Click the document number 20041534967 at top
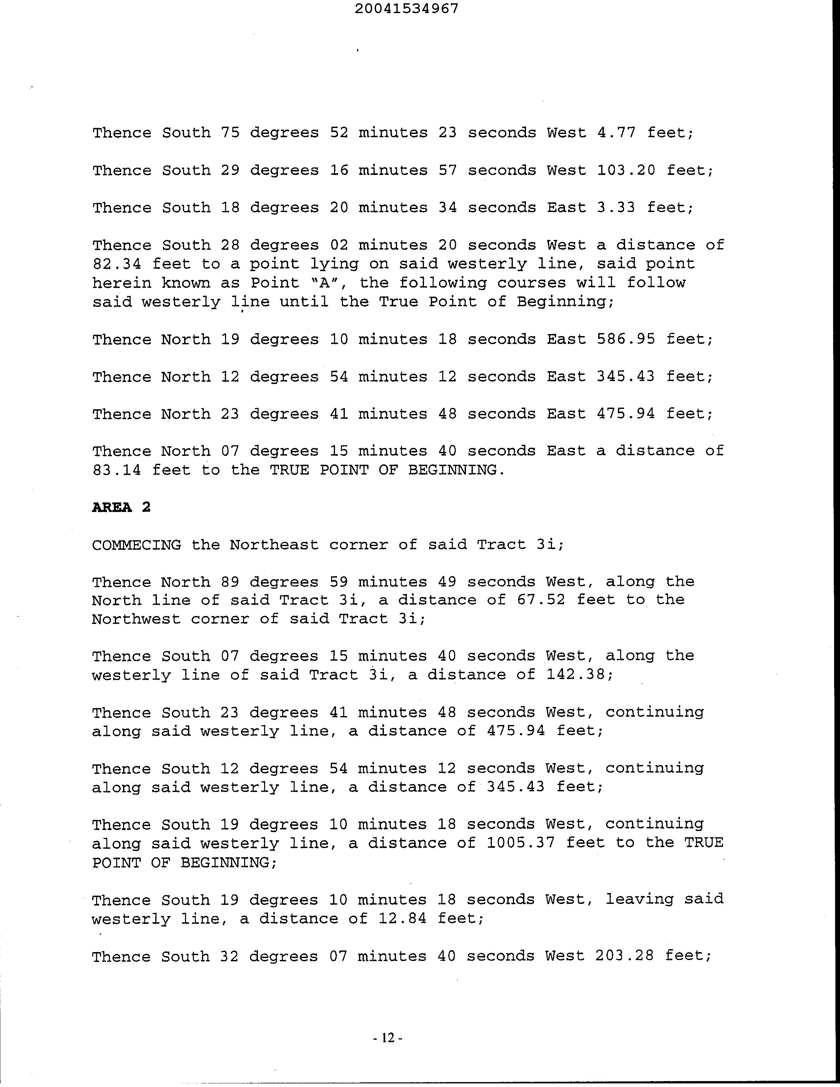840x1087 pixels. (x=407, y=9)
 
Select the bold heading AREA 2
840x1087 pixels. (x=121, y=507)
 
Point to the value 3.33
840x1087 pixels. (x=616, y=207)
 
